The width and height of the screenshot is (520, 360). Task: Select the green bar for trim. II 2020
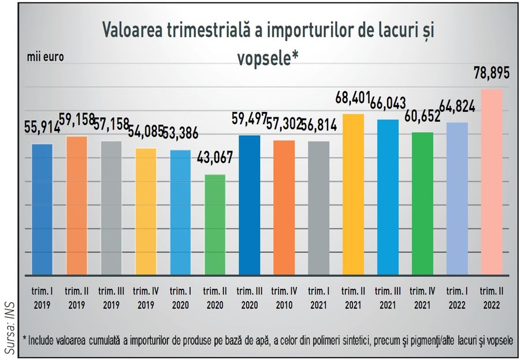coord(215,225)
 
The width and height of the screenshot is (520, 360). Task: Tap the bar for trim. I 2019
coord(42,209)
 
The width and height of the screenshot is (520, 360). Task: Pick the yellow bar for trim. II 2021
coord(353,194)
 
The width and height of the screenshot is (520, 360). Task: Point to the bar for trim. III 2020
coord(250,205)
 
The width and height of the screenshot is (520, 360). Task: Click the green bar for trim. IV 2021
coord(422,203)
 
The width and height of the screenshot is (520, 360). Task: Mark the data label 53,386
coord(180,133)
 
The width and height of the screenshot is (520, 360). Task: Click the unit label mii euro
coord(45,57)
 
